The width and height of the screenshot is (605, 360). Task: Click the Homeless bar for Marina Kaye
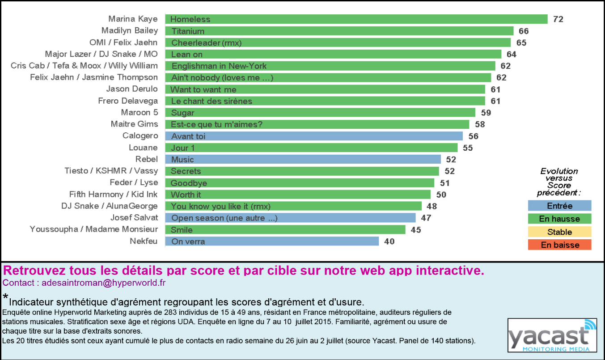(x=356, y=19)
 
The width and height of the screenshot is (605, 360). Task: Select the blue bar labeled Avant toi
(x=313, y=136)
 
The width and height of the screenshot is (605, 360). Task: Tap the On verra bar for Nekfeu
(x=272, y=241)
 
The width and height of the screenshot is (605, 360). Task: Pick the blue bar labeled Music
(x=303, y=160)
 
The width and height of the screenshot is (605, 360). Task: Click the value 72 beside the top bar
(x=558, y=19)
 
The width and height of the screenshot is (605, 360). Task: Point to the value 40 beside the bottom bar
(x=389, y=241)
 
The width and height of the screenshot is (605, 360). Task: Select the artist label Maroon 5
(x=139, y=112)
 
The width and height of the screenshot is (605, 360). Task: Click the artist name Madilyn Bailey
(x=130, y=30)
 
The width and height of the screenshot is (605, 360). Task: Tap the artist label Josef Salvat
(x=134, y=217)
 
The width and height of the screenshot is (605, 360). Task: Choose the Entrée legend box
(x=559, y=206)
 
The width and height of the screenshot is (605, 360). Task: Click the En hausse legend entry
(x=559, y=219)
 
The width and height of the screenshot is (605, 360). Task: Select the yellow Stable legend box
(x=559, y=232)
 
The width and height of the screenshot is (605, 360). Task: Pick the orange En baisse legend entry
(x=559, y=245)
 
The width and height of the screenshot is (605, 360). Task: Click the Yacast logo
(x=552, y=335)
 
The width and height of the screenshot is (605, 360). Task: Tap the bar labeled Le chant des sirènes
(x=325, y=101)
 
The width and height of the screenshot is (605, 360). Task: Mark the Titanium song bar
(x=339, y=31)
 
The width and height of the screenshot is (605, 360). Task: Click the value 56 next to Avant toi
(x=474, y=136)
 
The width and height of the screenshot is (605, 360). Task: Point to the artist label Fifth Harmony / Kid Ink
(x=114, y=194)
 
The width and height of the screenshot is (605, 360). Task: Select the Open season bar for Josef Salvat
(x=290, y=218)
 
